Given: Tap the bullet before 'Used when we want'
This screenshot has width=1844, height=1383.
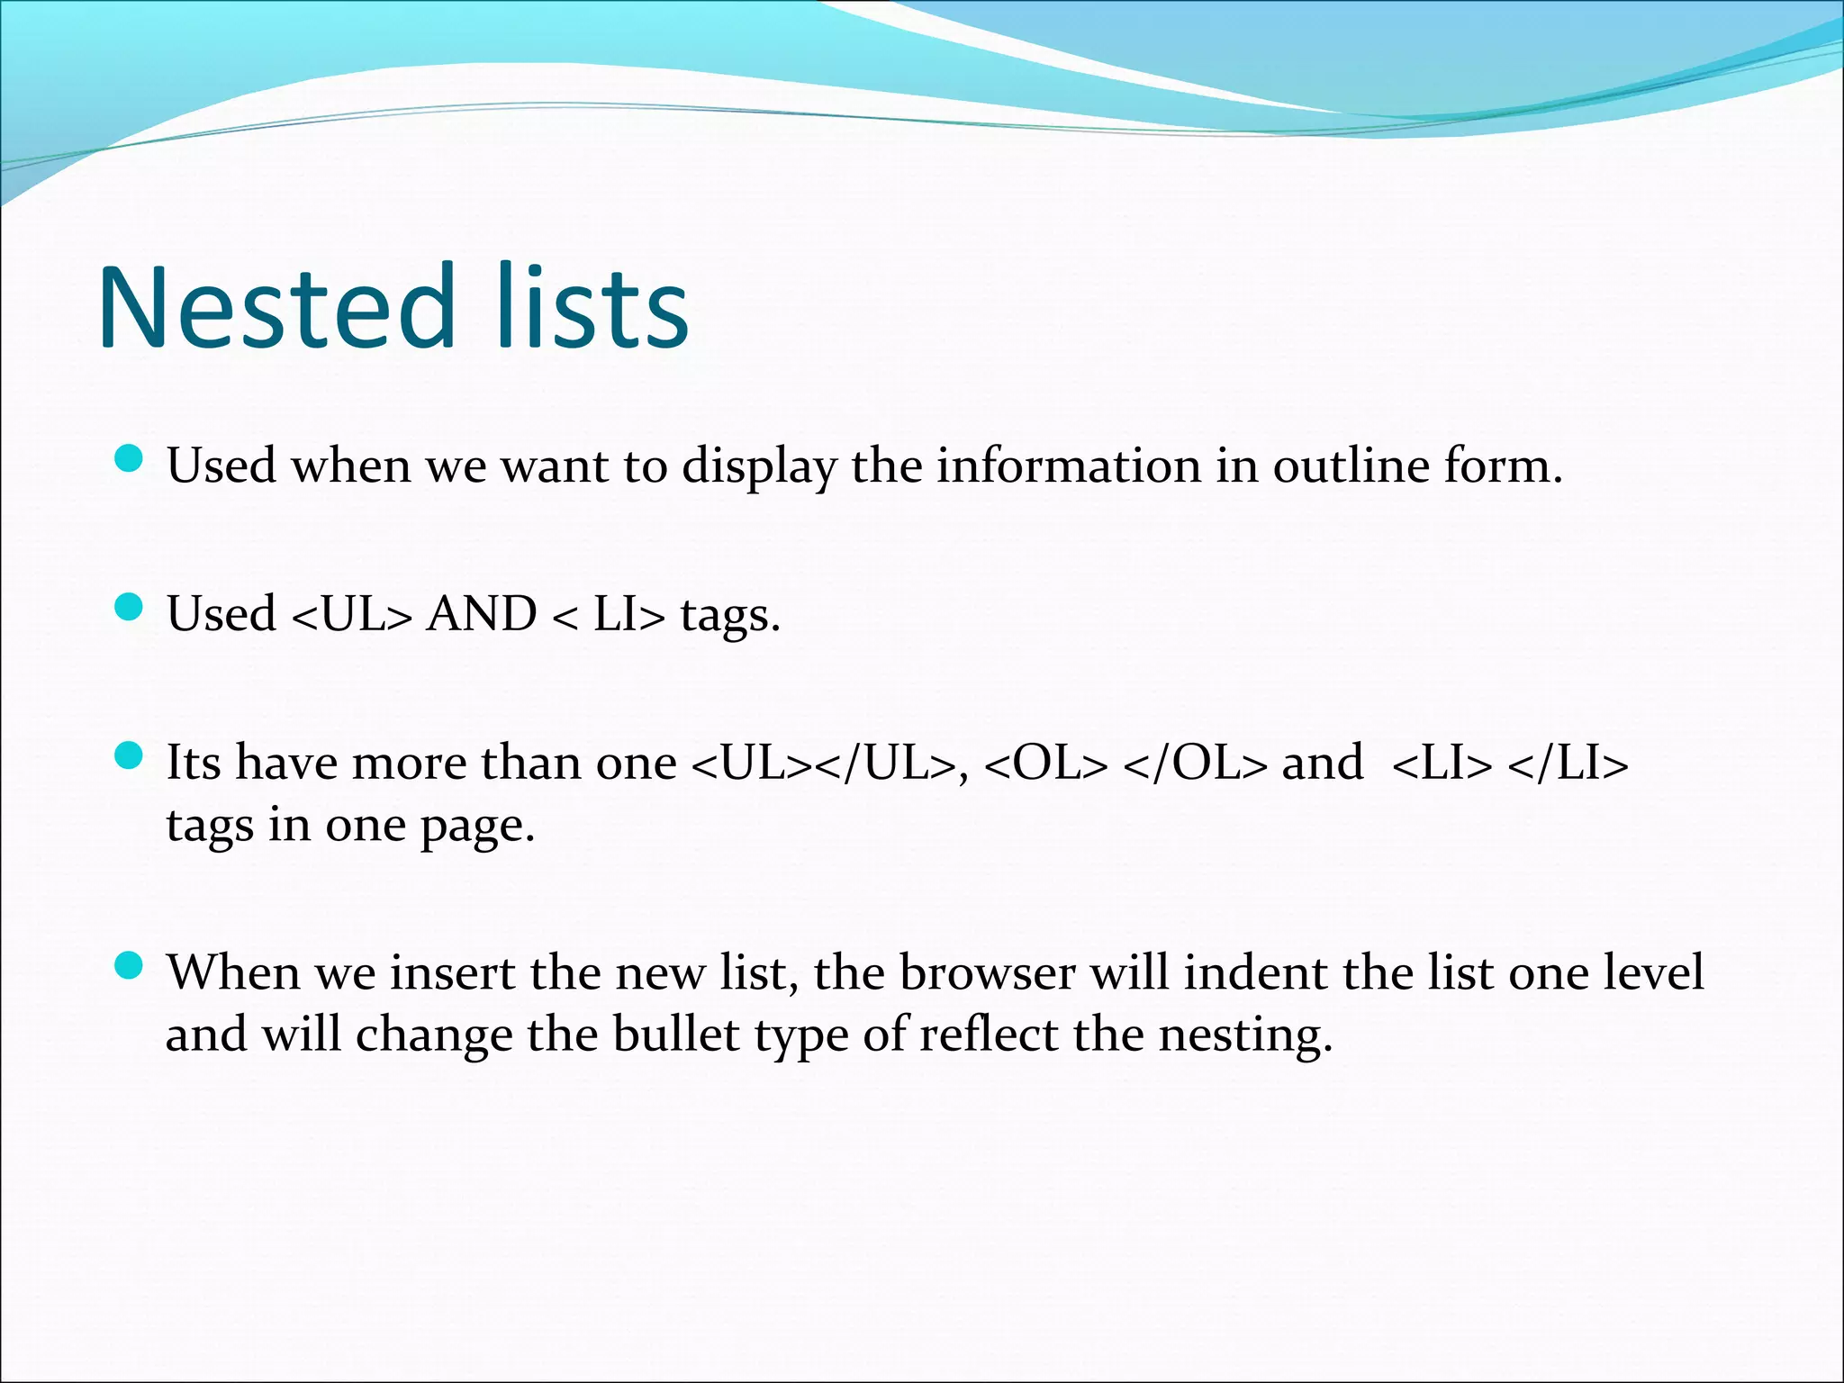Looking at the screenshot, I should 130,460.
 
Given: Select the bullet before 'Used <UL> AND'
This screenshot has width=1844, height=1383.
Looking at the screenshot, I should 130,609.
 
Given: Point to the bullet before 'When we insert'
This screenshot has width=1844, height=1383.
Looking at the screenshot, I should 130,967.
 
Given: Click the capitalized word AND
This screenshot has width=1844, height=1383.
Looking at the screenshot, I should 482,615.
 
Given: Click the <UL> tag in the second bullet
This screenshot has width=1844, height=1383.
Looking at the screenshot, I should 352,615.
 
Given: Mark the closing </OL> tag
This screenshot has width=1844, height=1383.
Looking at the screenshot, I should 1196,764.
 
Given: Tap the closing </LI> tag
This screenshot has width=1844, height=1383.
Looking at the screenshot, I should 1568,764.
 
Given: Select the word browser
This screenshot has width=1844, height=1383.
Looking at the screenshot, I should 988,973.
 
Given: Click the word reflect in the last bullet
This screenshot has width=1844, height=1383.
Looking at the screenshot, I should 988,1035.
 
